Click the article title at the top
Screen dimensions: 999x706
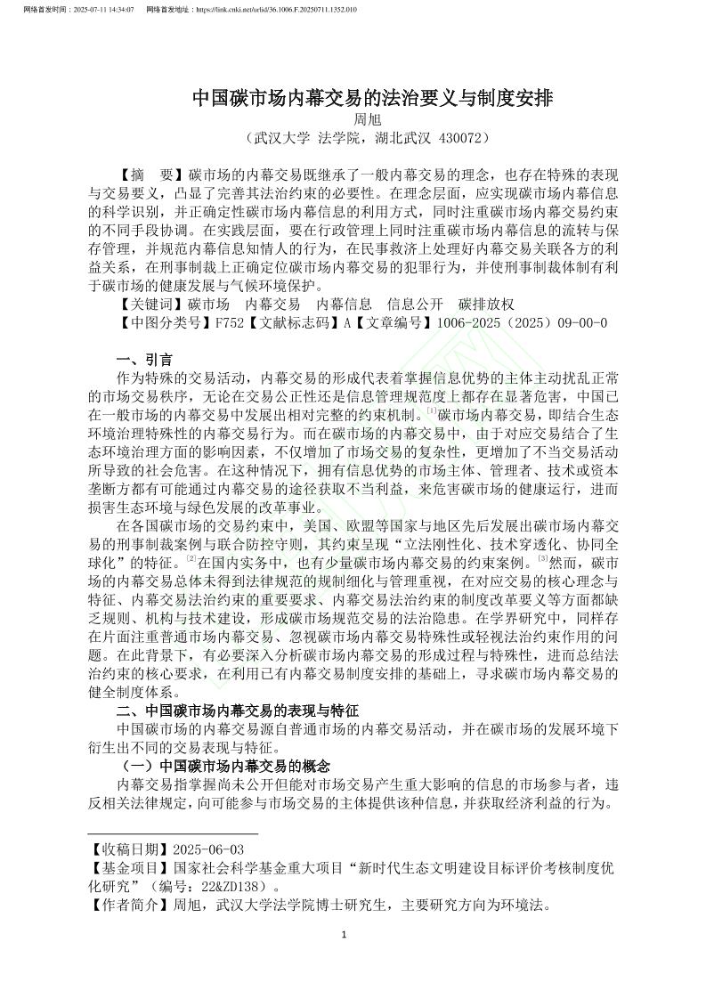coord(373,98)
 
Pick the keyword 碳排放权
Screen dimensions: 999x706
coord(486,304)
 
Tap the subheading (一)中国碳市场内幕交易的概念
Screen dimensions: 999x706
coord(223,766)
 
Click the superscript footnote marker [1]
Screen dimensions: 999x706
coord(431,410)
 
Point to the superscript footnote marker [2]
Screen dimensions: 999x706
coord(191,559)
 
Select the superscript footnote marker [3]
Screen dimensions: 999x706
coord(542,559)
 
